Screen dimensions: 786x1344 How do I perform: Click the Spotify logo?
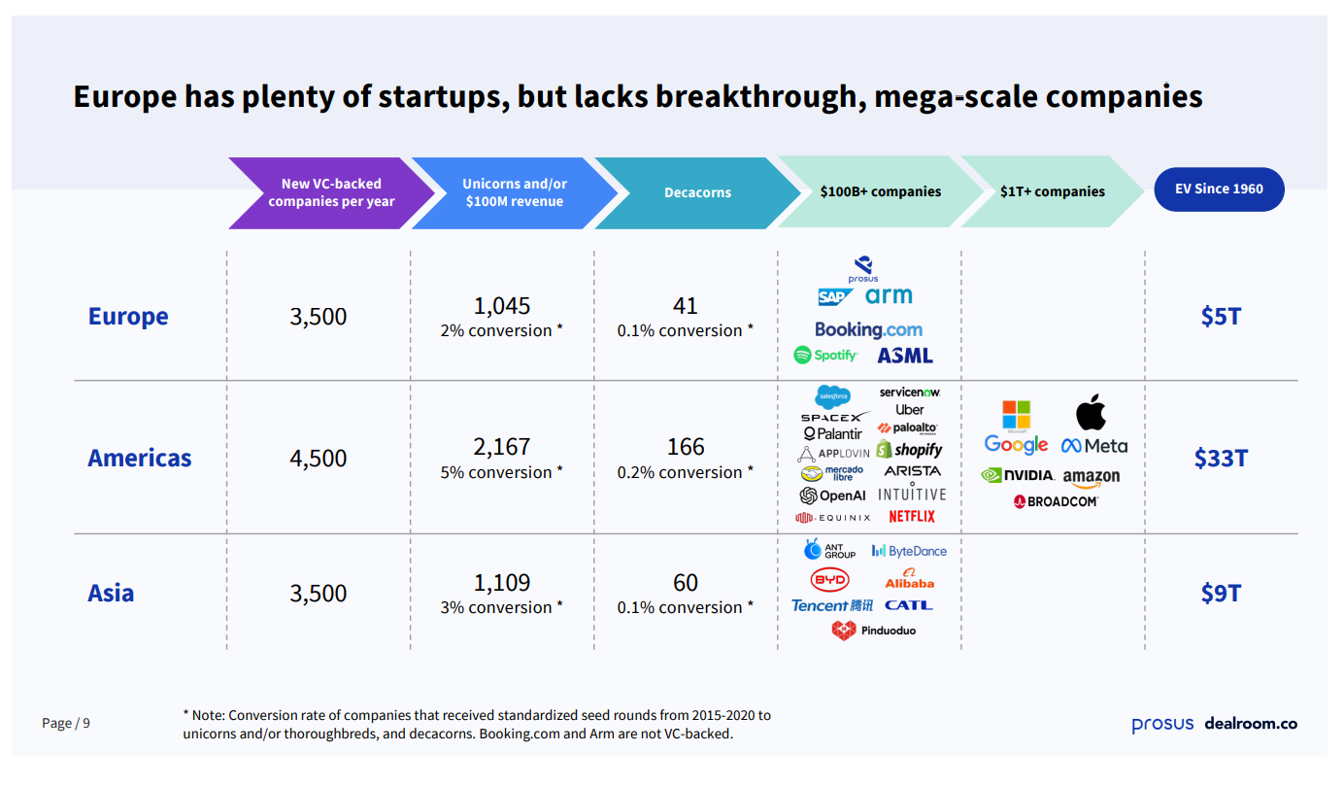tap(825, 356)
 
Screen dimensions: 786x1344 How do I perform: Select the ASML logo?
tap(904, 356)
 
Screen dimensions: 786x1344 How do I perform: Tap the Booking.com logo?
tap(868, 329)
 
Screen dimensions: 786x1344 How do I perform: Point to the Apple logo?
tap(1091, 413)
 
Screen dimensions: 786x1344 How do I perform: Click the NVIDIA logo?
tap(1017, 476)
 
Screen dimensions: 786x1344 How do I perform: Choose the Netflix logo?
tap(911, 517)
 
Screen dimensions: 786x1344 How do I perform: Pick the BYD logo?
tap(829, 580)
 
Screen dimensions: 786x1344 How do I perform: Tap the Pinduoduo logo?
tap(873, 631)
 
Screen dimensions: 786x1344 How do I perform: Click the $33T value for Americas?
tap(1220, 459)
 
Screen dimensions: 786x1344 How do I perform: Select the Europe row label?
tap(128, 317)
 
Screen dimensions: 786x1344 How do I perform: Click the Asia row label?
tap(111, 594)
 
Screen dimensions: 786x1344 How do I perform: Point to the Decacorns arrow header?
tap(697, 192)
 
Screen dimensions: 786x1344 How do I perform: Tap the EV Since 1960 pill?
tap(1219, 189)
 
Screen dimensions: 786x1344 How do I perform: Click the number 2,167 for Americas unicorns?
tap(502, 447)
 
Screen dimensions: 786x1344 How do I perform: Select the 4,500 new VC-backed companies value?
tap(318, 459)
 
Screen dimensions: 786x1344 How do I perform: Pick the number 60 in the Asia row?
tap(686, 583)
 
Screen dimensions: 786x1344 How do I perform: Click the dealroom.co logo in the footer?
tap(1251, 724)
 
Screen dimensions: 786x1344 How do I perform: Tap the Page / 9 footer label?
tap(66, 723)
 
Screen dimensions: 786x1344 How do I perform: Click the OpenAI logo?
tap(832, 496)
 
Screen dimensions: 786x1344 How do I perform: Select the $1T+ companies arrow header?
tap(1052, 191)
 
